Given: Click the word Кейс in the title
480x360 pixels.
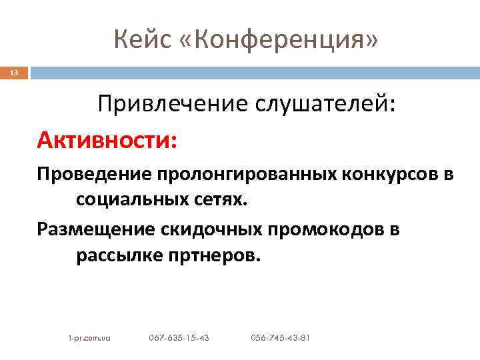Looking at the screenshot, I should point(137,40).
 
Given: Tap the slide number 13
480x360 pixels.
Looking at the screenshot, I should point(15,73).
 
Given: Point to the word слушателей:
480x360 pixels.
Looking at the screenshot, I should point(332,105).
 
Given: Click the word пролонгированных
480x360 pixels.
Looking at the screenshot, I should point(248,175).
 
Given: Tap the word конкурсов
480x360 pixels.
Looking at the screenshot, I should point(390,175).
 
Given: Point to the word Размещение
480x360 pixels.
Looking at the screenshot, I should point(97,230).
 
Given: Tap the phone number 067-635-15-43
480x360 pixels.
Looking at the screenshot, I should point(179,338).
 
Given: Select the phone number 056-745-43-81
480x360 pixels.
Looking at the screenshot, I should point(280,338).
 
